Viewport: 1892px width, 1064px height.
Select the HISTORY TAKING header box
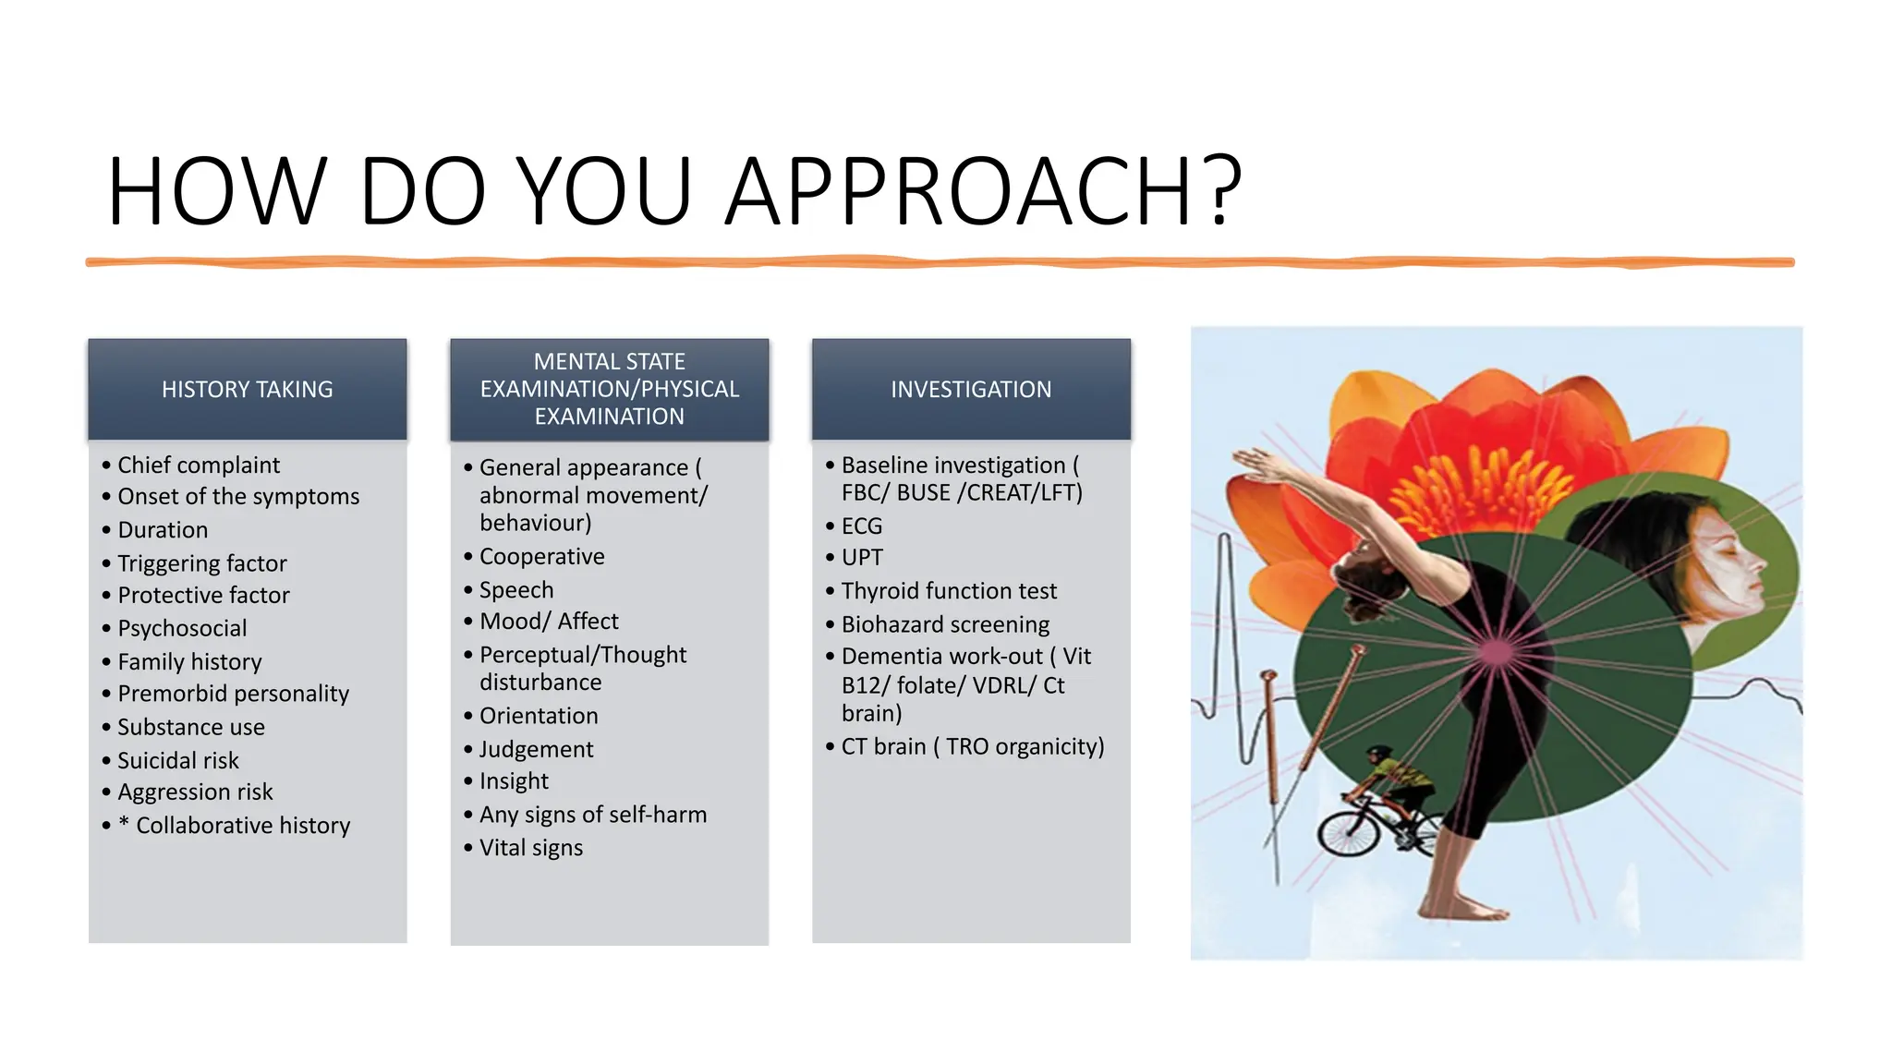point(248,389)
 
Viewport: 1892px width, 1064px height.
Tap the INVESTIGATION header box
point(971,389)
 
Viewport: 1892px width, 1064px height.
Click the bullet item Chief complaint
point(199,465)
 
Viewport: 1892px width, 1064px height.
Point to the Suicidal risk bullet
point(178,760)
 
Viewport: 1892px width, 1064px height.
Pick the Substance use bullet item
point(191,727)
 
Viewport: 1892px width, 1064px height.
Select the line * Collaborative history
point(234,825)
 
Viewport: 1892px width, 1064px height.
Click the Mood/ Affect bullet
point(549,621)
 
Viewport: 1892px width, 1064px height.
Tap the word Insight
point(514,781)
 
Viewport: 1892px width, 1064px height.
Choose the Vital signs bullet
point(531,847)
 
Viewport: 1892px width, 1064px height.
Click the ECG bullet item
point(862,526)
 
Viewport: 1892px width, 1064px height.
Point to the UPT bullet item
point(862,557)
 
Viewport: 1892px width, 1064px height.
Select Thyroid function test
point(949,590)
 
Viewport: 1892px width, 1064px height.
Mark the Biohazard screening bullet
point(945,624)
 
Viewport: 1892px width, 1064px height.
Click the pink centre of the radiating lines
point(1497,652)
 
